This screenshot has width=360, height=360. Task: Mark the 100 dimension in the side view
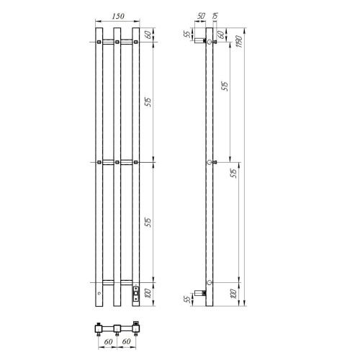pyautogui.click(x=232, y=292)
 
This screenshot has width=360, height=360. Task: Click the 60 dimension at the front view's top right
pyautogui.click(x=148, y=34)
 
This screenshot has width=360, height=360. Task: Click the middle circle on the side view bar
pyautogui.click(x=209, y=163)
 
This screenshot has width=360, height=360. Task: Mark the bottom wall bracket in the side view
pyautogui.click(x=202, y=293)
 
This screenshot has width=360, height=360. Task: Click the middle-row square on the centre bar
pyautogui.click(x=115, y=163)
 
